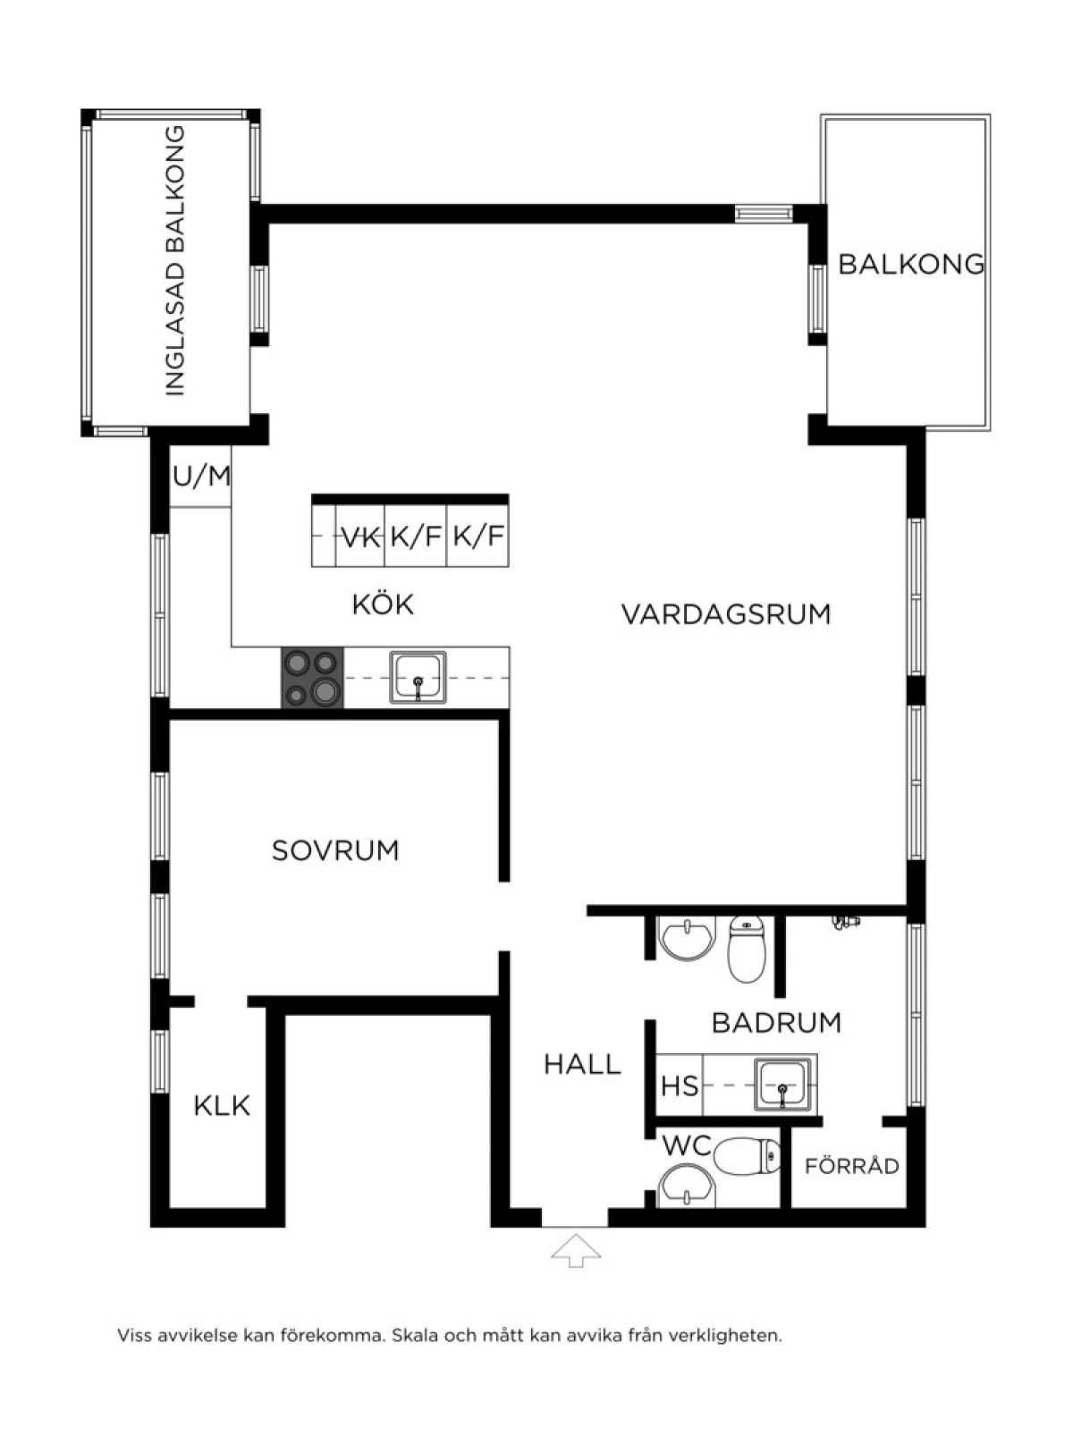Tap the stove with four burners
[x=312, y=678]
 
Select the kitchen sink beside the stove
[x=418, y=678]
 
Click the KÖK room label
[x=384, y=604]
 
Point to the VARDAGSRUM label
[x=726, y=614]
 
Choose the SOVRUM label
[x=335, y=850]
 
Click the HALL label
[x=582, y=1065]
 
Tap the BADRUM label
[x=776, y=1023]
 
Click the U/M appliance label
[x=202, y=477]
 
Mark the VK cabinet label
[x=361, y=537]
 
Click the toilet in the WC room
[x=748, y=1156]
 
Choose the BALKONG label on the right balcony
[x=911, y=264]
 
